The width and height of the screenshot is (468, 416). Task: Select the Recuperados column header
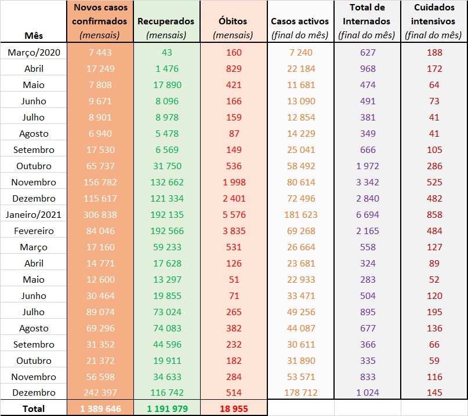coord(166,21)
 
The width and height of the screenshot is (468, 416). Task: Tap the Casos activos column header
coord(300,21)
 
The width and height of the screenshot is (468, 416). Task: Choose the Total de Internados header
coord(367,14)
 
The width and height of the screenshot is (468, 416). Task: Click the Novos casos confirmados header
coord(100,14)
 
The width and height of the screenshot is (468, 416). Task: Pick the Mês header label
coord(34,35)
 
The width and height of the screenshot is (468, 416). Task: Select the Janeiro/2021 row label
coord(34,214)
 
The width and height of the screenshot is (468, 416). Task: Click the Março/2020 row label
coord(34,52)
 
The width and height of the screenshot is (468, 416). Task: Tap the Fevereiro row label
coord(34,231)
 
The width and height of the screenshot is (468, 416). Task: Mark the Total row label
coord(34,408)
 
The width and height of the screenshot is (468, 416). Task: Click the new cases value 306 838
coord(100,214)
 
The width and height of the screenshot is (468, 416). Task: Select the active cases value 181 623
coord(300,214)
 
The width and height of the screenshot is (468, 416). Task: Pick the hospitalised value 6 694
coord(367,214)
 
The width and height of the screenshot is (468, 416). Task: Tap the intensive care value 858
coord(434,214)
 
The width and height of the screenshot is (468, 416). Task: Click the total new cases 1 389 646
coord(100,408)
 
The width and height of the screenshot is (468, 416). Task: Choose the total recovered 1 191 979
coord(166,408)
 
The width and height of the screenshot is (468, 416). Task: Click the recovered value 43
coord(166,52)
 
